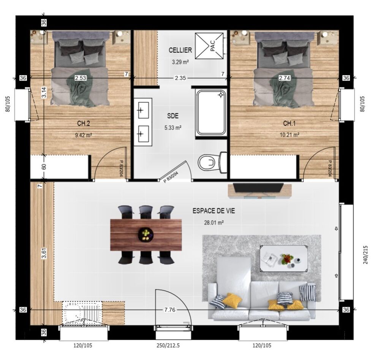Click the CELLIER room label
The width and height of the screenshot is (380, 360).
[x=180, y=50]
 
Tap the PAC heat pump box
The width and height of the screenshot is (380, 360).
[x=209, y=46]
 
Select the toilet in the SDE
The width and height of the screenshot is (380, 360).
[x=212, y=162]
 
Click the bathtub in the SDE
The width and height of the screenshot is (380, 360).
[x=211, y=112]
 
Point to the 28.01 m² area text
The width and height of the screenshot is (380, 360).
[x=214, y=222]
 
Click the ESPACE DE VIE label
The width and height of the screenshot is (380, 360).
[x=214, y=211]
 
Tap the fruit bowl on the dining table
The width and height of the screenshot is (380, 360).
[x=146, y=234]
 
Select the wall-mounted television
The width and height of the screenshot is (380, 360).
[x=258, y=188]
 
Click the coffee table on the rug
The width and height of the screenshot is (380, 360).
[x=284, y=259]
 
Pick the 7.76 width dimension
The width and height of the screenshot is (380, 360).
[x=169, y=309]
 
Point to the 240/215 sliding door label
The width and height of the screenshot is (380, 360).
[x=366, y=255]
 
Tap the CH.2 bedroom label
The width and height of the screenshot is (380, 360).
[x=84, y=124]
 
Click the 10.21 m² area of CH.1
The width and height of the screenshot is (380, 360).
[x=289, y=135]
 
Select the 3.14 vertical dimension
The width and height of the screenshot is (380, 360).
[x=44, y=92]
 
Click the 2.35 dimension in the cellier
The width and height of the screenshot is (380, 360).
[x=180, y=78]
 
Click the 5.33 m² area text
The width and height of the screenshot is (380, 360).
[x=173, y=127]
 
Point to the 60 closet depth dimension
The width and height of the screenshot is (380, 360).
[x=44, y=167]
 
